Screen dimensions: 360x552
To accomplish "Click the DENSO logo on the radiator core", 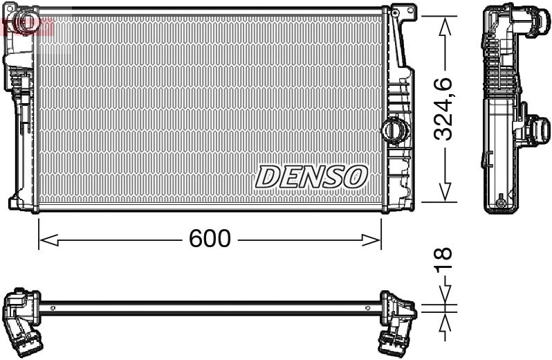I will tap(311, 177).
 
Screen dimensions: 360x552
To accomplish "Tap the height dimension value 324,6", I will tap(443, 109).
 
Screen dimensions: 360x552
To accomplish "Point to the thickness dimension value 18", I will tap(443, 260).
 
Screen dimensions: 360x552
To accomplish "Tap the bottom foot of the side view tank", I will tap(499, 204).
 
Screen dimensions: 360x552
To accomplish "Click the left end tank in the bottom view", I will tap(22, 317).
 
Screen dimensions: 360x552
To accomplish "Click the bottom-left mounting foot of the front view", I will tap(15, 204).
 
